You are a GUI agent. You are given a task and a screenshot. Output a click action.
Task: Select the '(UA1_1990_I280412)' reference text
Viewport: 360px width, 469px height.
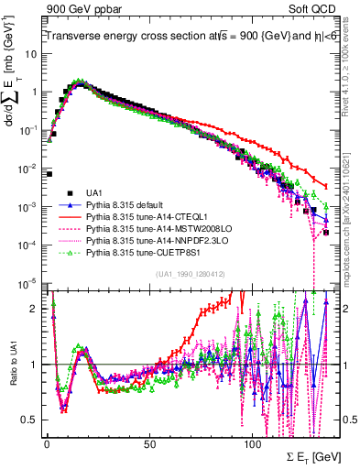click(x=191, y=275)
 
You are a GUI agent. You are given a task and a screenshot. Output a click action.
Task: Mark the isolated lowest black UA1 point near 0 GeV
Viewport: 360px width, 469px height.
click(x=49, y=173)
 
